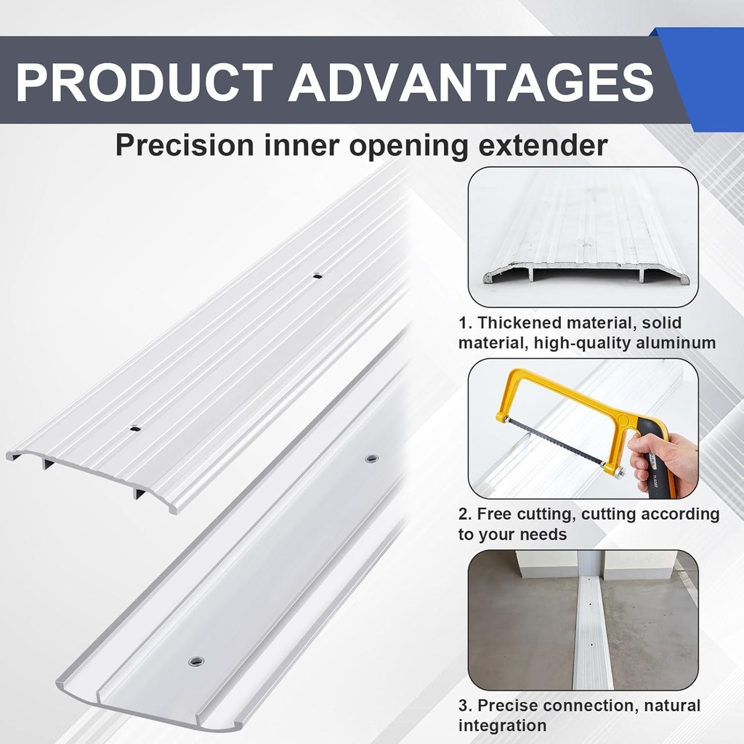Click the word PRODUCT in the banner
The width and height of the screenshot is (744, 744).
144,81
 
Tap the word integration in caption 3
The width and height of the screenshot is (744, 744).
502,725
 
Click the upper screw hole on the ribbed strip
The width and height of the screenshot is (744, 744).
317,275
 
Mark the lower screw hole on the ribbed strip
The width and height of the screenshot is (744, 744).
135,428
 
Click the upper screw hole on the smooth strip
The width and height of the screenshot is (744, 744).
372,458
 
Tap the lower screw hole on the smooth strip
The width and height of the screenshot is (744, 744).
195,661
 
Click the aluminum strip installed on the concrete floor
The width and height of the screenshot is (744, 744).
592,639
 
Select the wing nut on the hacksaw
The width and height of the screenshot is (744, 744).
619,472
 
